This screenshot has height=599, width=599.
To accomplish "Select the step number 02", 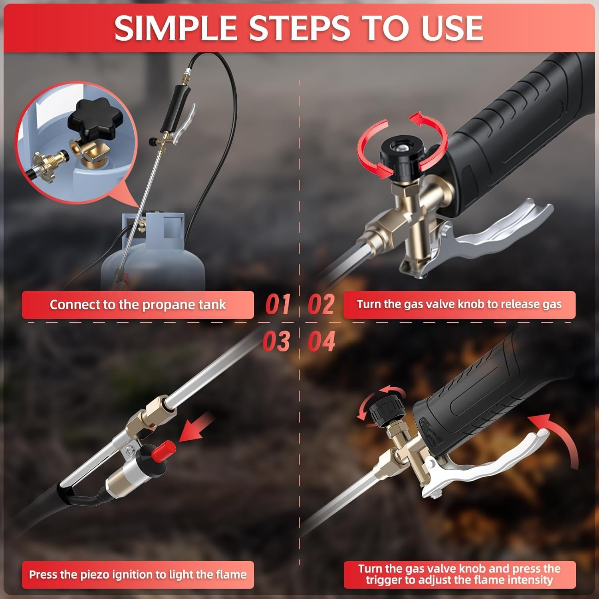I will [321, 305].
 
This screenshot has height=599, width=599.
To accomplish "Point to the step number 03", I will [276, 342].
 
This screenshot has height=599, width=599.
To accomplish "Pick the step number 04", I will [321, 342].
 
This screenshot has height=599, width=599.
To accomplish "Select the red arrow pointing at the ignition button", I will [196, 429].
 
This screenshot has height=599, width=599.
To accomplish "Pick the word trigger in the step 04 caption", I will [384, 580].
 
